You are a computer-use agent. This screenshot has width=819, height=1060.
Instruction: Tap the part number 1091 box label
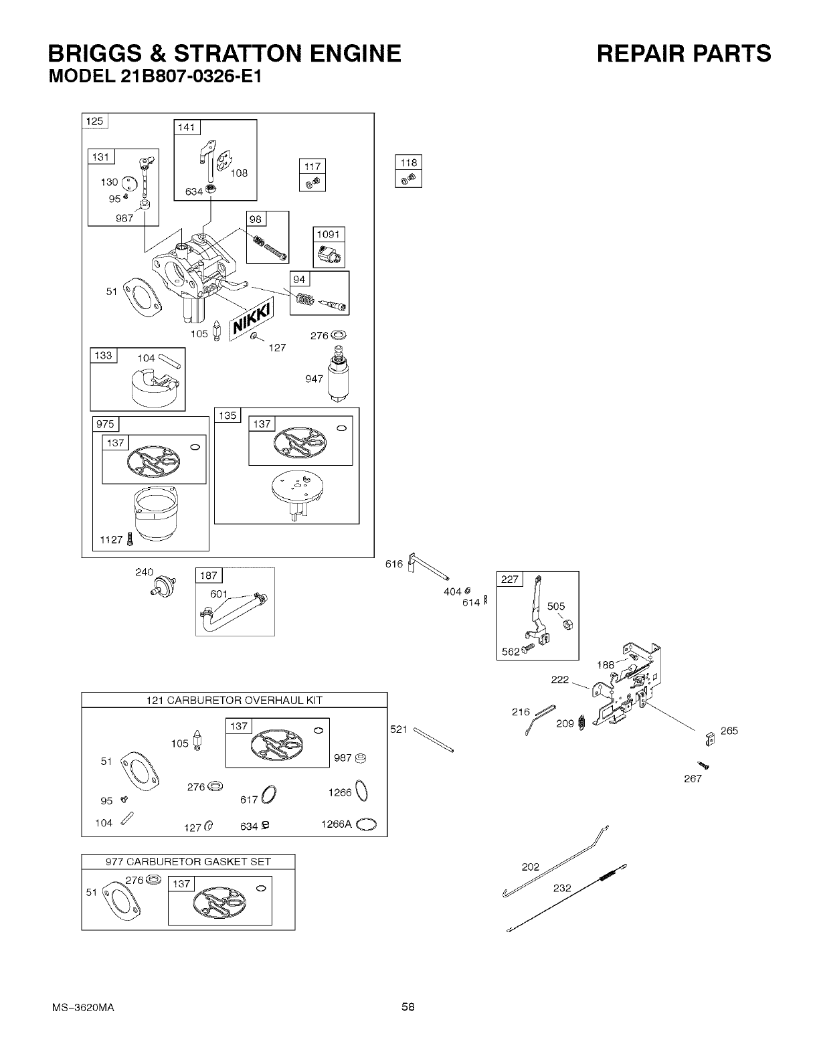[x=329, y=234]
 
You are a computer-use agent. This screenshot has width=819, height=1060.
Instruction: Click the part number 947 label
[x=314, y=379]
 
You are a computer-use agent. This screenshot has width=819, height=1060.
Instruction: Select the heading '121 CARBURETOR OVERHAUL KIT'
[x=234, y=701]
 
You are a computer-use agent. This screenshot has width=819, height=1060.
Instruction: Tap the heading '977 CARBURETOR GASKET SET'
[x=188, y=862]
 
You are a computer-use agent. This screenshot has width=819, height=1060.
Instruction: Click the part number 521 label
[x=399, y=729]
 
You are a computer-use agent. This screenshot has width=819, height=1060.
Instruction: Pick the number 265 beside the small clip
[x=729, y=731]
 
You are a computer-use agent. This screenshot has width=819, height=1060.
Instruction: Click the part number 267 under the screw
[x=693, y=779]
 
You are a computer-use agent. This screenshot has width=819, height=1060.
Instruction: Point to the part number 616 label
[x=394, y=564]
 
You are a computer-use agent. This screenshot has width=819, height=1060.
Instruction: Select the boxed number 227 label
[x=510, y=580]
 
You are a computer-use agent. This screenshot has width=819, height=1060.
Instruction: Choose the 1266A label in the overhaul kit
[x=337, y=824]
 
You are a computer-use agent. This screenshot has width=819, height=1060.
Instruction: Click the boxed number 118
[x=408, y=163]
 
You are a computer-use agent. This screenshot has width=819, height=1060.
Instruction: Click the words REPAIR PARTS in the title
[x=684, y=54]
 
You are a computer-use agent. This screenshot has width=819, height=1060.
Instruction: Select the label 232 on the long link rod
[x=562, y=888]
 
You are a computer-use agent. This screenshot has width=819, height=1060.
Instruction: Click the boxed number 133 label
[x=103, y=355]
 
